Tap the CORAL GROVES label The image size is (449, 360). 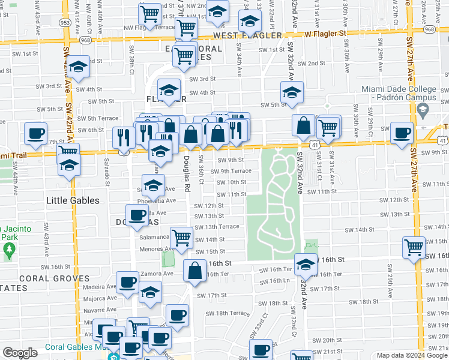[55, 278]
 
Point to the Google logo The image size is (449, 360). [20, 353]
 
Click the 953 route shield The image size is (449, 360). [65, 22]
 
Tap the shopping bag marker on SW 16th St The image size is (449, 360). [196, 271]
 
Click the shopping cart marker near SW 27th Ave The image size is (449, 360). [414, 247]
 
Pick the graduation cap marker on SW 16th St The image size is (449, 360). [306, 263]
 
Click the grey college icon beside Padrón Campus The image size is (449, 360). [423, 110]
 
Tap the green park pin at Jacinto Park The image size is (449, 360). [9, 251]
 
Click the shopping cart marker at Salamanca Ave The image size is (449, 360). [181, 237]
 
